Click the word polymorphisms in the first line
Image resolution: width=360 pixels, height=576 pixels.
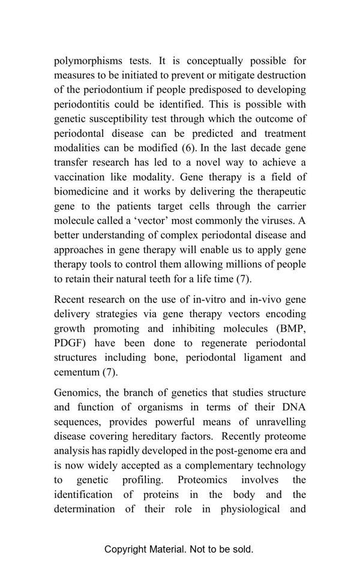click(89, 61)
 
